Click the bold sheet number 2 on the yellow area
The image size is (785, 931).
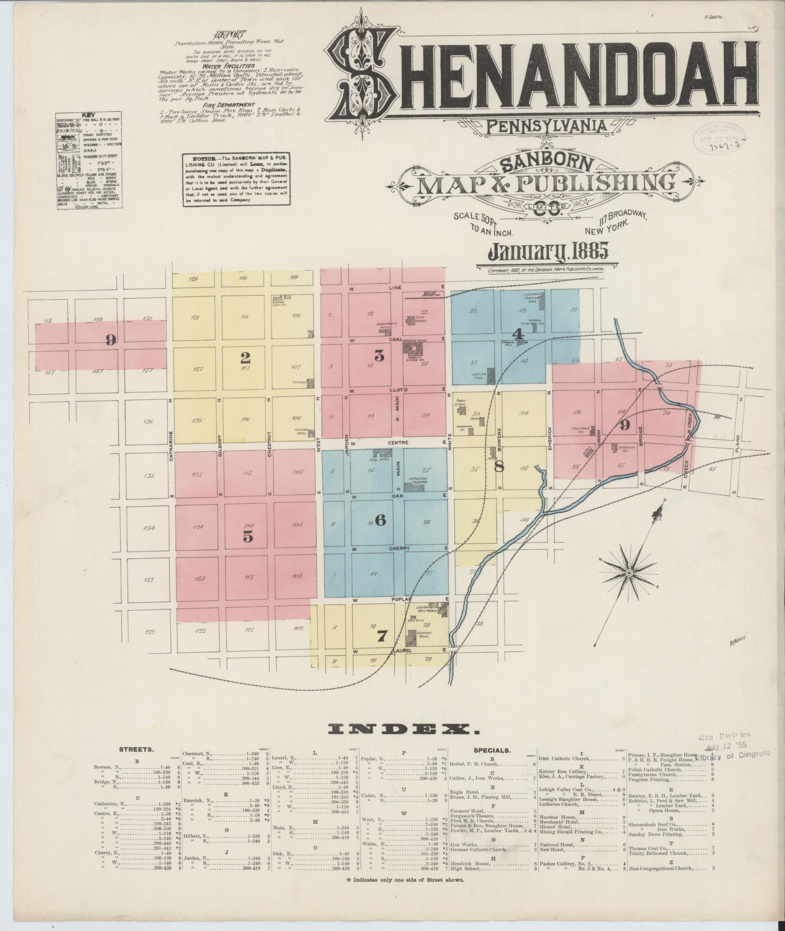[x=245, y=358]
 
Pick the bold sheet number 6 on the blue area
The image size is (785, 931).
[x=381, y=520]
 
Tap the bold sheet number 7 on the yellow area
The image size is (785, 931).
[x=382, y=635]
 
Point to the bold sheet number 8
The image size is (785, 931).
[x=499, y=466]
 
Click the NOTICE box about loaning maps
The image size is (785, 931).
[x=237, y=180]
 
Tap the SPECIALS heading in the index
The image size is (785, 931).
[x=492, y=764]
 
